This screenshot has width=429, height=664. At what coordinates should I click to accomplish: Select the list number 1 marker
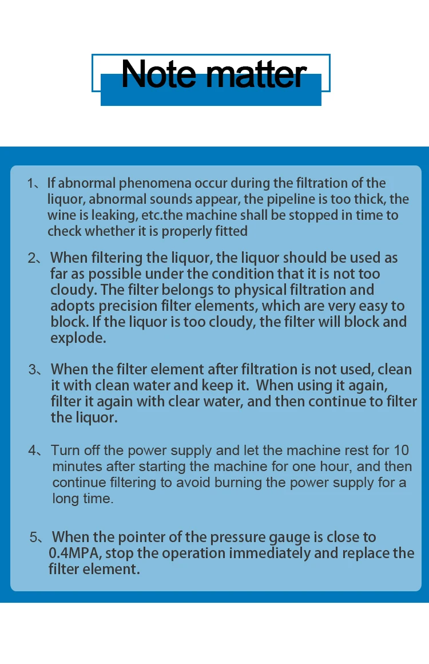click(x=31, y=183)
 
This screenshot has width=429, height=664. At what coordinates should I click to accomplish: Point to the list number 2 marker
click(x=32, y=258)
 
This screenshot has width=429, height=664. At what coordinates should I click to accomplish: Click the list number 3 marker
click(x=33, y=370)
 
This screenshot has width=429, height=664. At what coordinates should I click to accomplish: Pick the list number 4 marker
click(x=32, y=450)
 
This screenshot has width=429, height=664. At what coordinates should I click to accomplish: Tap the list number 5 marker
click(x=34, y=537)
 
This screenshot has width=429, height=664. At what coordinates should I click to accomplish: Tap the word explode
click(x=78, y=338)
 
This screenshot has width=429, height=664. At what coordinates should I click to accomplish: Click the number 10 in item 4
click(x=401, y=450)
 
